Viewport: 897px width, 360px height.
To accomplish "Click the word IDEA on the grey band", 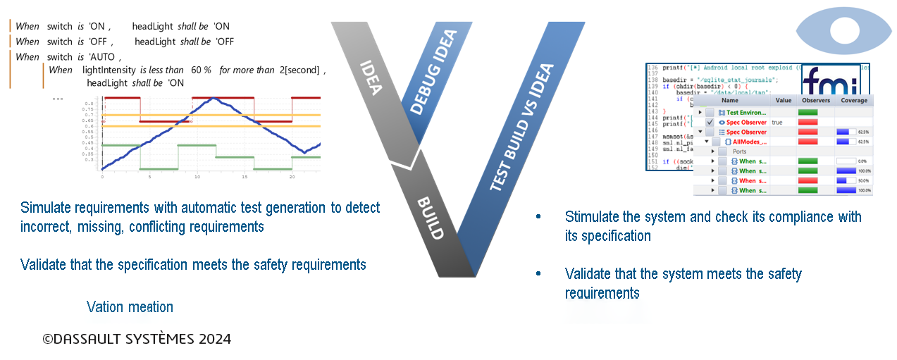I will pos(371,78).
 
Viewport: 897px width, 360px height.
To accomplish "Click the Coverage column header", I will pos(853,101).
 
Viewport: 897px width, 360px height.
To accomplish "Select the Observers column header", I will pos(816,101).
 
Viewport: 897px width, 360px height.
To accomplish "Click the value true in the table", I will pos(777,122).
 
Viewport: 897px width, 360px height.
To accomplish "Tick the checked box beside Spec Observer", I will pos(710,122).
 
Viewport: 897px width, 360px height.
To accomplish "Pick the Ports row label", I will pos(739,151).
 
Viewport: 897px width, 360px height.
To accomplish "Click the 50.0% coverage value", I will pos(863,181).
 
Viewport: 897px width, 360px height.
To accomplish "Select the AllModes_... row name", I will pos(749,142).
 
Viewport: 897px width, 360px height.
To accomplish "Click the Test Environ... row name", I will pos(746,112).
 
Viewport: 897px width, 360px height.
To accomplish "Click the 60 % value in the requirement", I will pos(202,70).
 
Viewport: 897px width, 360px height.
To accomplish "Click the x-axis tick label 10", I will pos(197,177).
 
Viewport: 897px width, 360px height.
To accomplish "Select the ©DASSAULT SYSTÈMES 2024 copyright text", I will pos(137,339).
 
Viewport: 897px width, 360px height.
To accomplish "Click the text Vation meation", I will pos(130,306).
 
